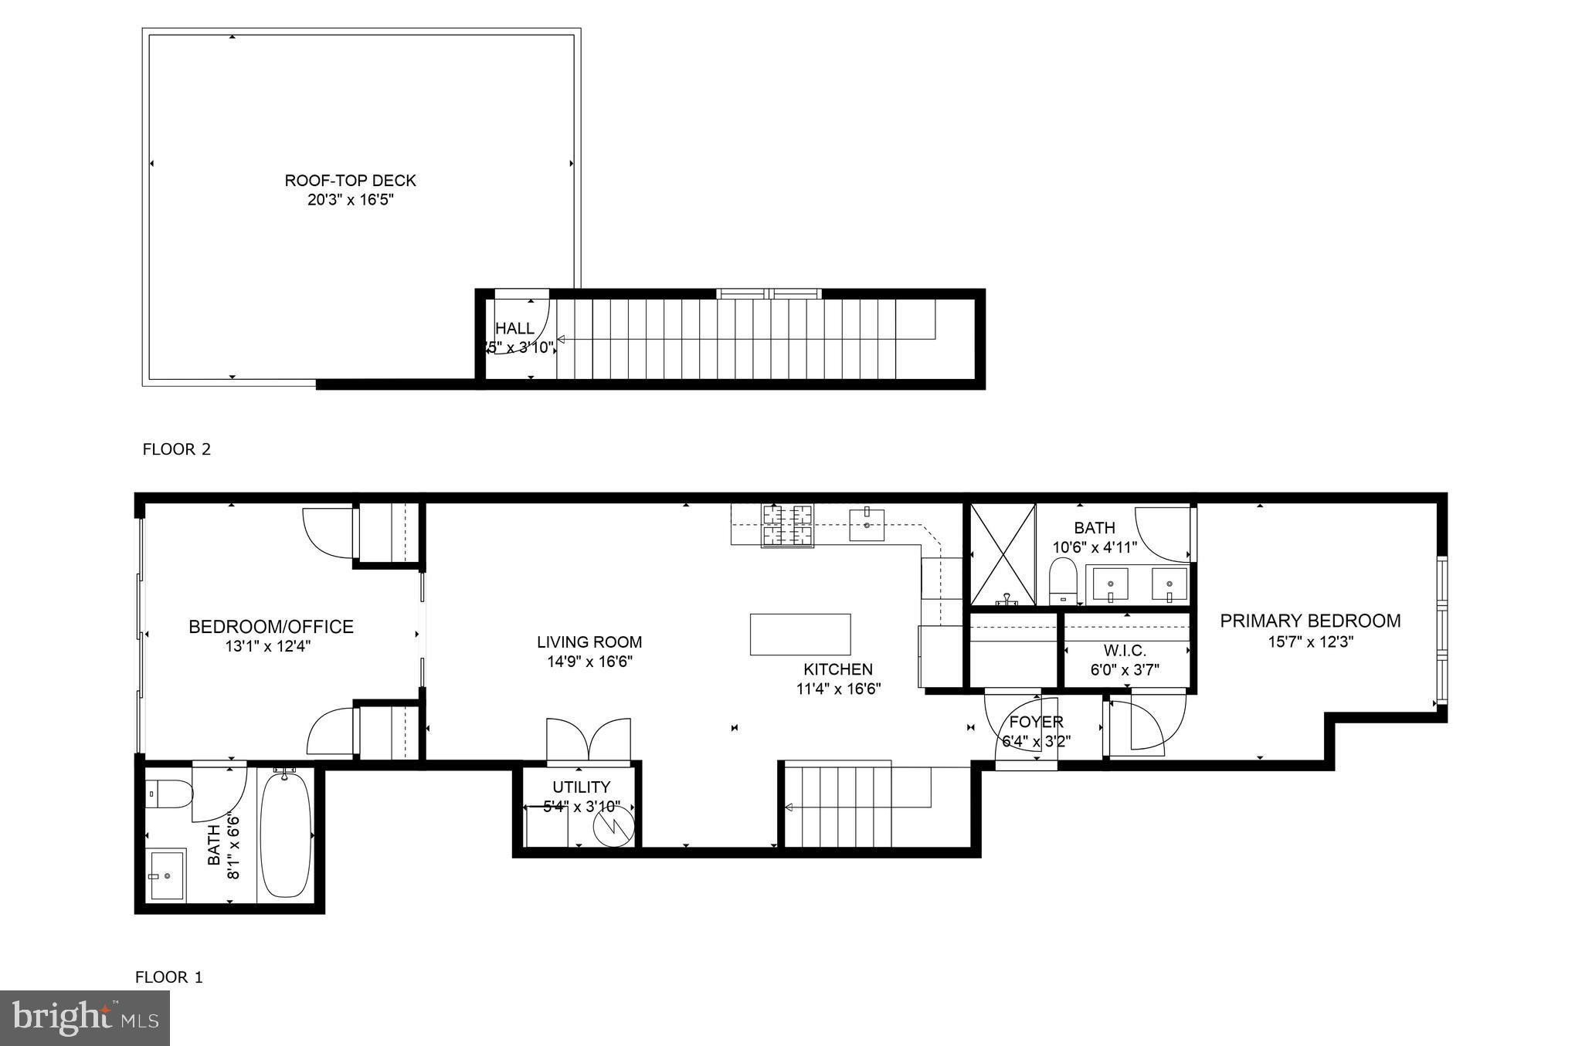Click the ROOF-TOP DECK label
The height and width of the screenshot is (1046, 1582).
[x=350, y=181]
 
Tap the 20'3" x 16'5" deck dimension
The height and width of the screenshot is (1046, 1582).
[x=351, y=201]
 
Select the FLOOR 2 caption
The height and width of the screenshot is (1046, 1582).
[x=176, y=449]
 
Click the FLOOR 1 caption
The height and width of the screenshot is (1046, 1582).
[x=169, y=977]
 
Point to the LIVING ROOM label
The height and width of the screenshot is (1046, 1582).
[x=589, y=642]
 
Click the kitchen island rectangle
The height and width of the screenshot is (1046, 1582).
[x=800, y=635]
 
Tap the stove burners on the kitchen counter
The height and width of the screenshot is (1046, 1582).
[x=787, y=526]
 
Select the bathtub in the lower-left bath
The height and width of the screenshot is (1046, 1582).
[x=286, y=835]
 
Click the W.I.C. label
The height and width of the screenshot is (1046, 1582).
[x=1125, y=651]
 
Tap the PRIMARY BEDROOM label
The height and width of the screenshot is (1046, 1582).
[x=1310, y=621]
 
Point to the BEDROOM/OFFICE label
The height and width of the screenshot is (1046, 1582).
[x=271, y=627]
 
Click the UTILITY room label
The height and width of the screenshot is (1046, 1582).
[x=581, y=787]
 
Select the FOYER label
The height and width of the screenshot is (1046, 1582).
[x=1037, y=722]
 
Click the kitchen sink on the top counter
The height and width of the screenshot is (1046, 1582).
[x=867, y=524]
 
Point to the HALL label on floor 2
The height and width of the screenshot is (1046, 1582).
[x=514, y=329]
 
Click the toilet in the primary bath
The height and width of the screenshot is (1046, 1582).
[x=1063, y=581]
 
